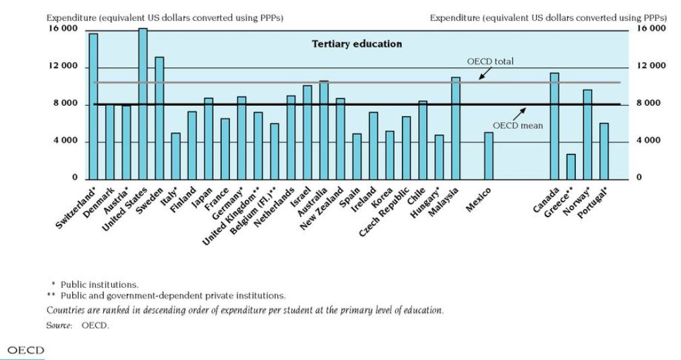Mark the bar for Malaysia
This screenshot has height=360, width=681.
coord(456,127)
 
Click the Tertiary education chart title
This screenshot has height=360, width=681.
coord(357,44)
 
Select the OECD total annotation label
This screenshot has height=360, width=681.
coord(494,61)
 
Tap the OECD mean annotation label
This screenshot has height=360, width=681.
coord(518,125)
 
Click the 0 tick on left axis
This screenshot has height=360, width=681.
coord(76,178)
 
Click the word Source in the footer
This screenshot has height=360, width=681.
coord(59,326)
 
